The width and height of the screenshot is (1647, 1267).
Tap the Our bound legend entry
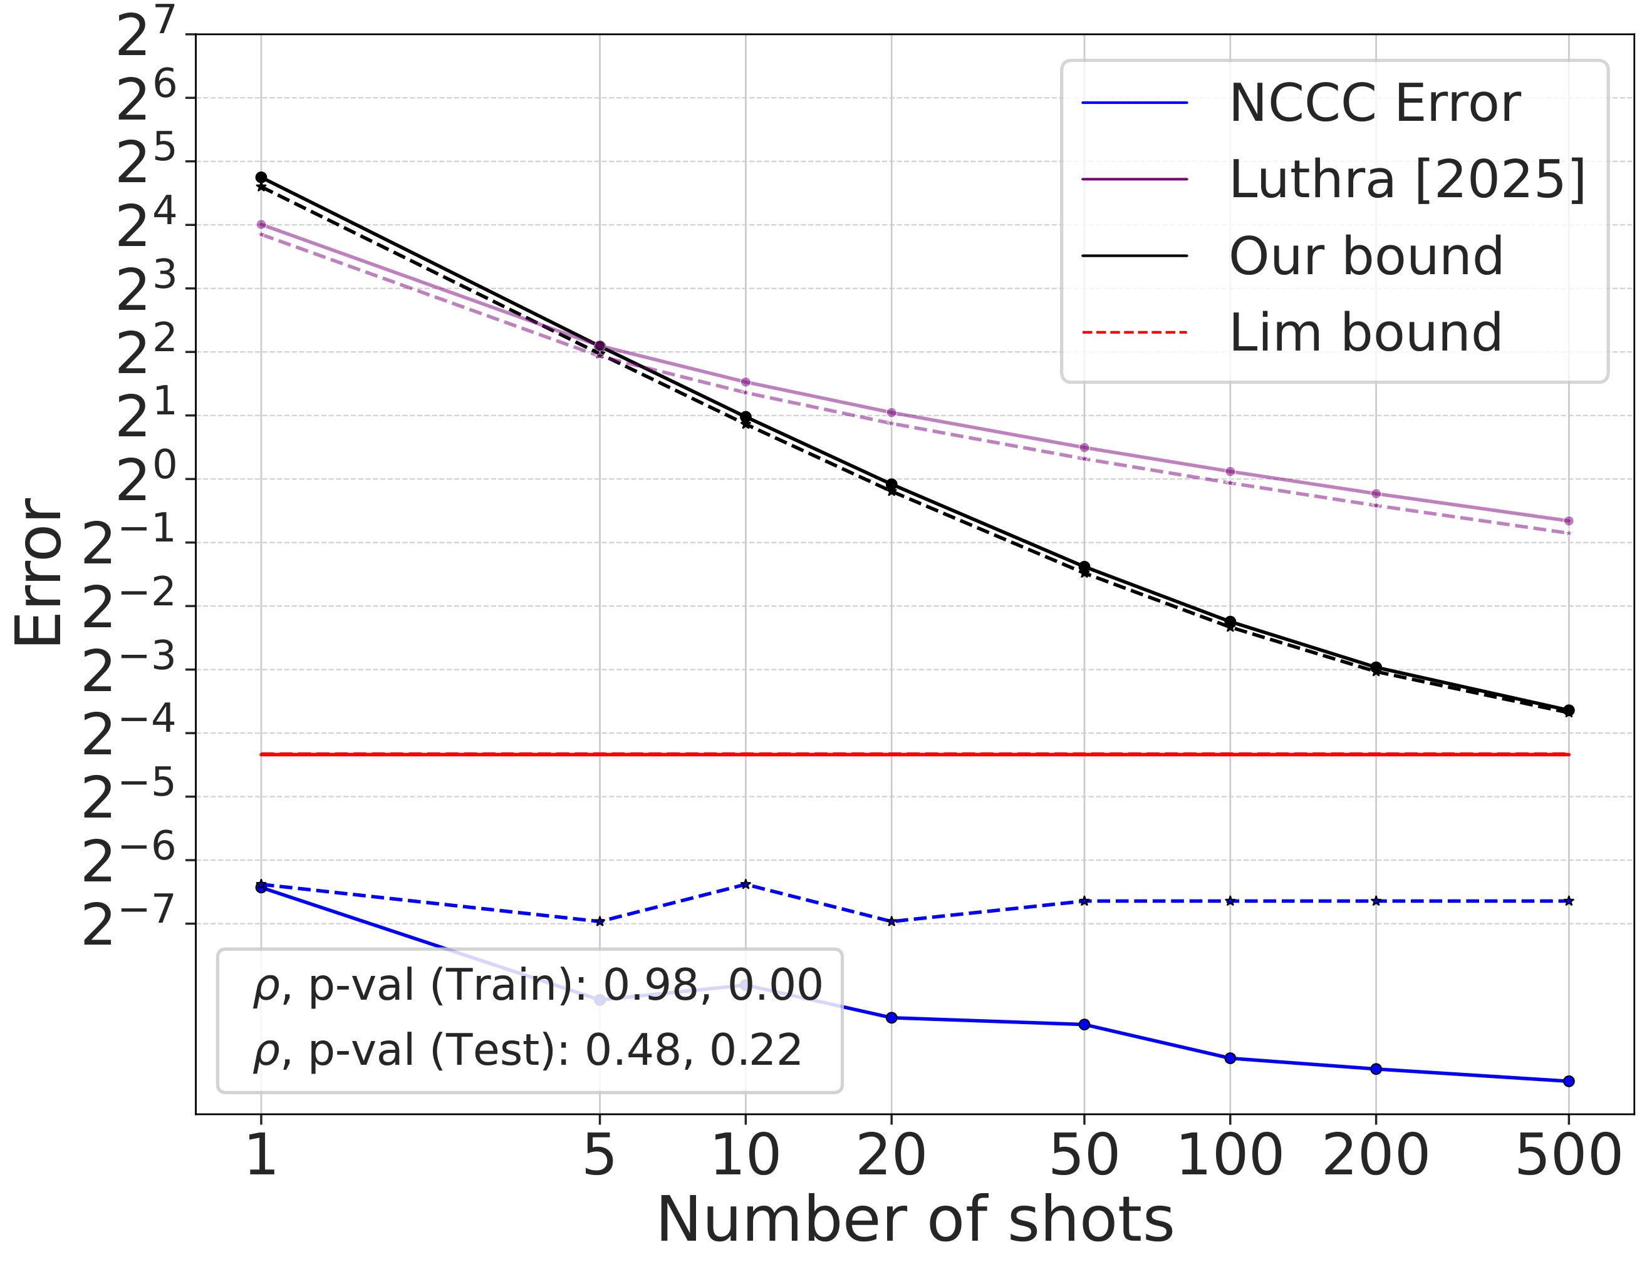[1366, 256]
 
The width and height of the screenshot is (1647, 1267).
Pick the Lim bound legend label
[1365, 332]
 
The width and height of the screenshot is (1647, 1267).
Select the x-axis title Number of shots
[915, 1220]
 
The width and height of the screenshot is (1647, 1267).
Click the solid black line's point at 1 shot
[261, 177]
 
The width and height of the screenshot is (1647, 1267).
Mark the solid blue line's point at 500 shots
[1569, 1081]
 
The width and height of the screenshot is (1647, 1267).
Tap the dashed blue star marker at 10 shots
[745, 883]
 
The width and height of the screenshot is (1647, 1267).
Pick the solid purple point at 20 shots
[891, 413]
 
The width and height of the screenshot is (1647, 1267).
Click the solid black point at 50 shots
[1084, 566]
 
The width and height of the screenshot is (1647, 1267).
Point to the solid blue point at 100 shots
[1230, 1058]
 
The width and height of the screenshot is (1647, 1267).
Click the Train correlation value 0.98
[651, 985]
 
